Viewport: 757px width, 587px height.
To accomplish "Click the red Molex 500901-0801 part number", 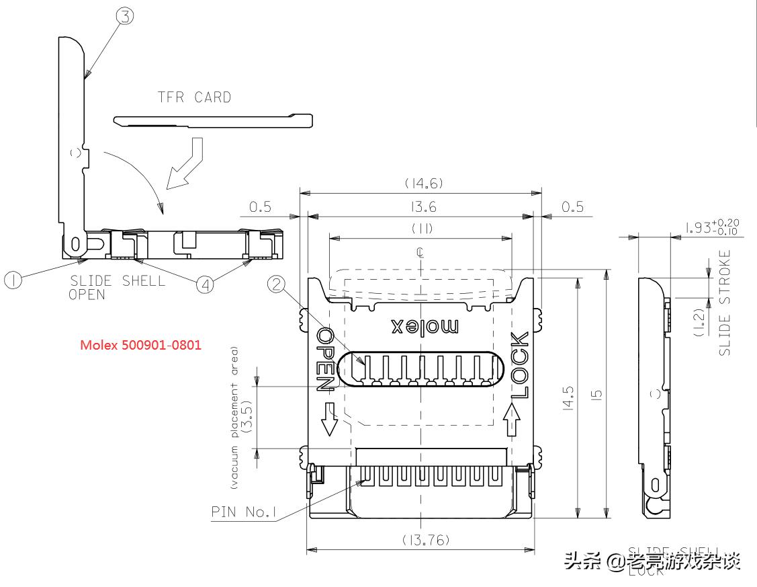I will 140,345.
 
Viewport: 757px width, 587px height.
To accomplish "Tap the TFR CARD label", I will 194,97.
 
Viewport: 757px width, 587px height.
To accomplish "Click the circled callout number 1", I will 13,280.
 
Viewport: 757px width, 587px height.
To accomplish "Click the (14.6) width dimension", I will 423,184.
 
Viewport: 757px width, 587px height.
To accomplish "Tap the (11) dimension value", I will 422,229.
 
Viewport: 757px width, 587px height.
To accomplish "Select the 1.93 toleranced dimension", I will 712,227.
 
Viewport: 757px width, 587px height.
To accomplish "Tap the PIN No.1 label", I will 244,512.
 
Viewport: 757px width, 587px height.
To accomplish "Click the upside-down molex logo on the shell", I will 425,327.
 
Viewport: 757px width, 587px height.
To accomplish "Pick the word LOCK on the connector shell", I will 519,366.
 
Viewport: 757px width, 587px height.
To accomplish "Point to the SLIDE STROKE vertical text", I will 724,303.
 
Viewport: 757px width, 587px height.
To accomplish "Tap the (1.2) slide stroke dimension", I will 699,322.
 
